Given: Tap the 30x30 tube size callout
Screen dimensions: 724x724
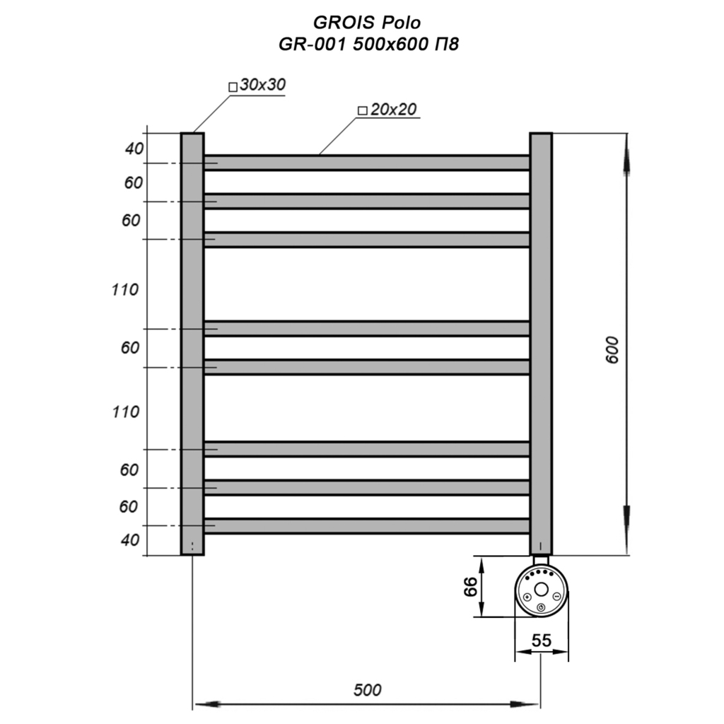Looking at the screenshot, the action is tap(257, 85).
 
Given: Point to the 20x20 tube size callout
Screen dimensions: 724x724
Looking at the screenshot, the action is tap(388, 110).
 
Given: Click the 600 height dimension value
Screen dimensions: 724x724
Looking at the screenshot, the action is tap(612, 350).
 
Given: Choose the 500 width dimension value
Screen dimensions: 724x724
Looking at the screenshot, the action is tap(368, 690).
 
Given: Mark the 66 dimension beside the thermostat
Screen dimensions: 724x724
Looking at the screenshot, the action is tap(471, 586).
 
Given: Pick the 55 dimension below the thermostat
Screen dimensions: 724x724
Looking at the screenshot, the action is tap(542, 641).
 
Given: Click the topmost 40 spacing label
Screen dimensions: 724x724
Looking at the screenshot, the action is tap(134, 148).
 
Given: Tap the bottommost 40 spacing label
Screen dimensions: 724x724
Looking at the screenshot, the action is tap(130, 539).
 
